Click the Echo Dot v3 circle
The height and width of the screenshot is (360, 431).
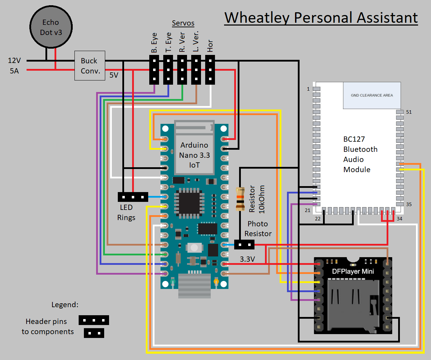51,27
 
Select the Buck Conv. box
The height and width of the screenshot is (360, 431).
90,65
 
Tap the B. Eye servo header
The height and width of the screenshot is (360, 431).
154,70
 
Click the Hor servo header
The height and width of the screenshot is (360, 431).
210,70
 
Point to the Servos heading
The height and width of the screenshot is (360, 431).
183,23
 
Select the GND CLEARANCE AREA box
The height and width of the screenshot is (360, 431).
372,95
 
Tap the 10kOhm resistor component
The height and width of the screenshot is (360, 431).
240,199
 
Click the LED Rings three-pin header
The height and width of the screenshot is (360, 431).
133,197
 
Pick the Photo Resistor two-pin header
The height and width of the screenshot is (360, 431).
244,245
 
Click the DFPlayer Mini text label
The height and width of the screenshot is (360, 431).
353,271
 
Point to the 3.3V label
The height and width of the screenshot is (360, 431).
247,259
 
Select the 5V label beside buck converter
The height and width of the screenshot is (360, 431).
114,75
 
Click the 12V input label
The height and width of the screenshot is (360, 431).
14,61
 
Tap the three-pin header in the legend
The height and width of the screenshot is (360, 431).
94,320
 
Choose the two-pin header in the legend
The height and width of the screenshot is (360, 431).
94,333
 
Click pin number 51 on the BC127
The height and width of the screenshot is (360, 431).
409,112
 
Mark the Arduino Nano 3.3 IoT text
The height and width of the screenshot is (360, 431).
194,155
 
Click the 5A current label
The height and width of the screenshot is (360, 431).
14,71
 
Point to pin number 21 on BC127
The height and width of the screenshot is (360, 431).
308,210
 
